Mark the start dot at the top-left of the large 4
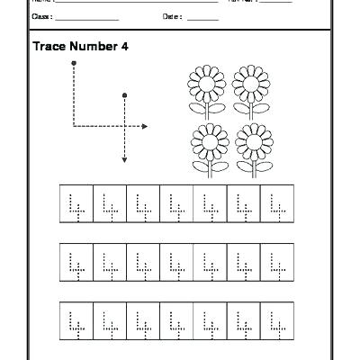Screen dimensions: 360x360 pos(73,63)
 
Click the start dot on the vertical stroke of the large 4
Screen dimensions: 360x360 pos(124,94)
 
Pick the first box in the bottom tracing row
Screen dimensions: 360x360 pos(76,319)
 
